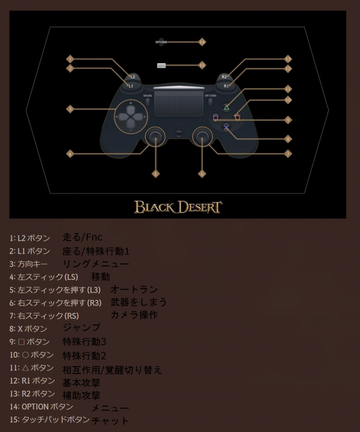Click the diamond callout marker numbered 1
(x=70, y=59)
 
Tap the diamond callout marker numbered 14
(x=202, y=42)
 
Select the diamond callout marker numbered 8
(x=288, y=139)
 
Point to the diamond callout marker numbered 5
(x=156, y=174)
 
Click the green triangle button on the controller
(x=226, y=108)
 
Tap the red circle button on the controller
(x=237, y=118)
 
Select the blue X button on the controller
(x=226, y=127)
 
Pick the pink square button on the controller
(x=215, y=118)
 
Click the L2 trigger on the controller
(x=132, y=77)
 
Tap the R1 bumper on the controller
(x=226, y=86)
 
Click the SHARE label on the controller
(x=147, y=96)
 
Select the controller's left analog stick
(x=156, y=136)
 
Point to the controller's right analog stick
(x=202, y=136)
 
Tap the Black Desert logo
(x=178, y=207)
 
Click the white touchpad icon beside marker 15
(x=161, y=66)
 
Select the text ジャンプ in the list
(x=82, y=328)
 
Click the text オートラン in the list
(x=134, y=289)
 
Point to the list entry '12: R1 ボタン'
(x=32, y=381)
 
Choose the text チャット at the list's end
(x=110, y=420)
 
